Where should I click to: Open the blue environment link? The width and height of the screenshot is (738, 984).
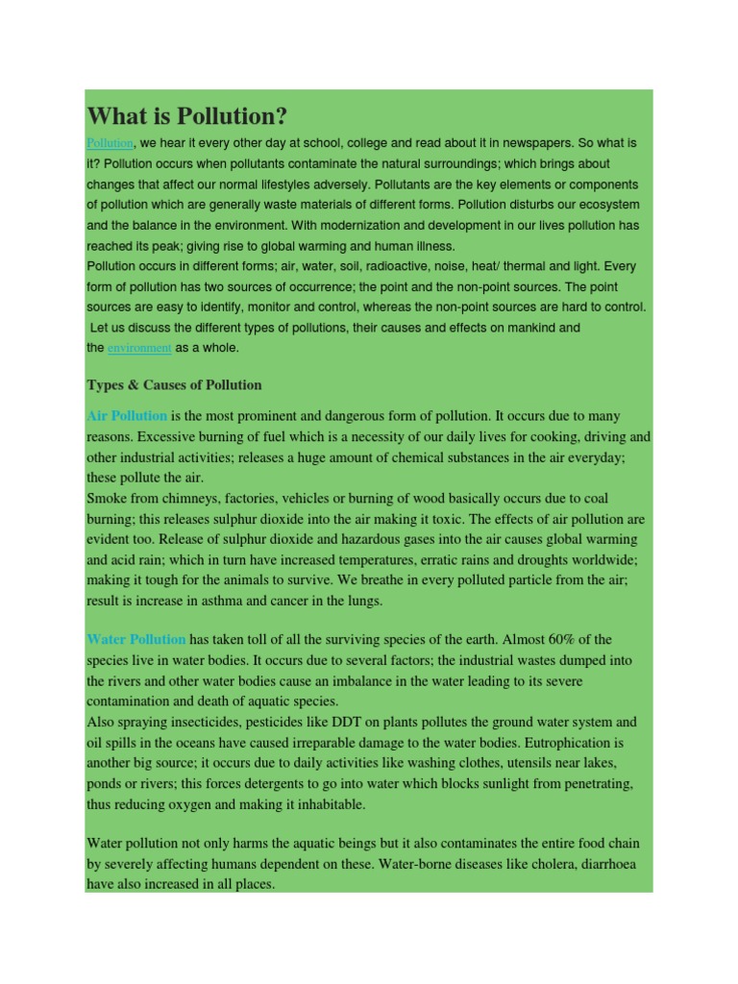click(x=139, y=349)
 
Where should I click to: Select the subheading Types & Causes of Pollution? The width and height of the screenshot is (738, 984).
click(x=174, y=385)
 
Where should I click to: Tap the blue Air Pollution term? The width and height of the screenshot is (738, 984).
click(x=127, y=416)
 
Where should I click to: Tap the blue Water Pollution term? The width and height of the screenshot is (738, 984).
click(x=135, y=639)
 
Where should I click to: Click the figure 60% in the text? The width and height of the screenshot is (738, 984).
click(x=517, y=639)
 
